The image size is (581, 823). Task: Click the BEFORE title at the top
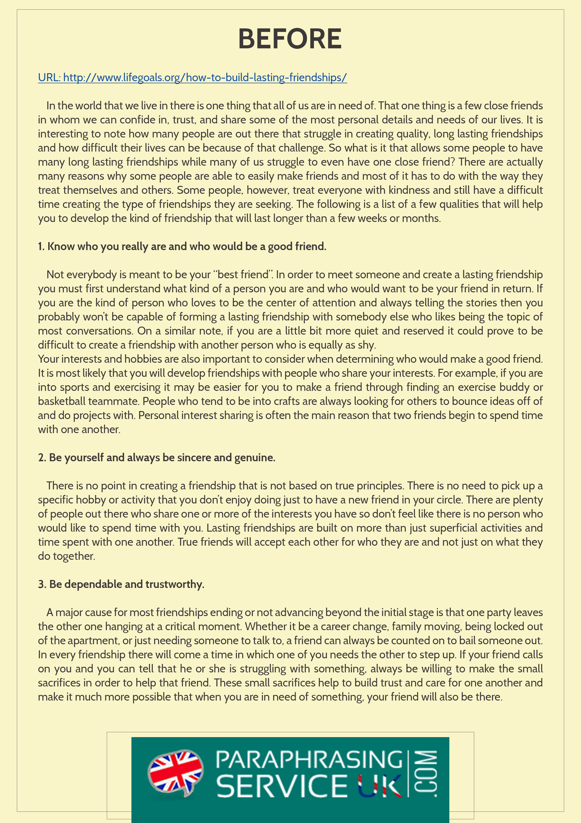[x=290, y=39]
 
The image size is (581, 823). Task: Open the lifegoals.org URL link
[x=192, y=77]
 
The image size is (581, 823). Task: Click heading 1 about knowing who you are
[x=182, y=247]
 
